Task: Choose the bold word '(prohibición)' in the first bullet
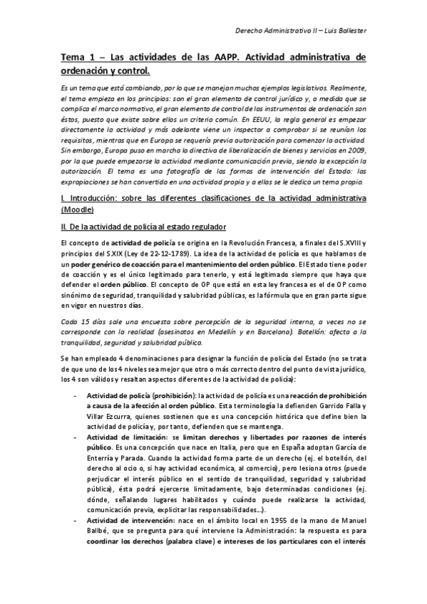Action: [173, 395]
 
